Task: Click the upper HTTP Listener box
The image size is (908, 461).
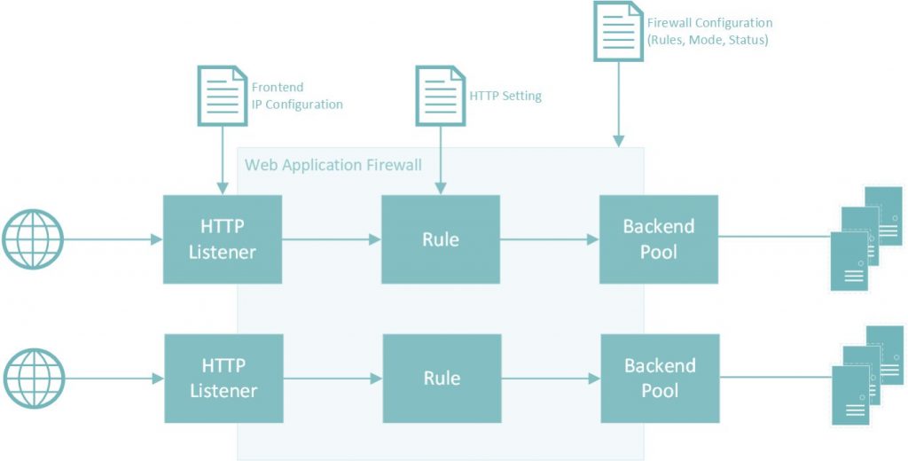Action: (x=223, y=239)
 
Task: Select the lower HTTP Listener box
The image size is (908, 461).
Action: (x=223, y=379)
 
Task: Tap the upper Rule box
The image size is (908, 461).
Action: (x=441, y=239)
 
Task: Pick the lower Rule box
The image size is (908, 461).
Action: (x=441, y=379)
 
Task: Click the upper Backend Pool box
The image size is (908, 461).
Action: (x=659, y=239)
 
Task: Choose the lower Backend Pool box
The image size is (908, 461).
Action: (x=659, y=379)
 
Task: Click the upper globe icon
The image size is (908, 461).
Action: (x=33, y=239)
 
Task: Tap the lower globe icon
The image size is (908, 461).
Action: (x=33, y=379)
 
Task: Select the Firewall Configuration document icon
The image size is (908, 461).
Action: (x=617, y=31)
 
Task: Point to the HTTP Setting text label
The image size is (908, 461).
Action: (x=505, y=96)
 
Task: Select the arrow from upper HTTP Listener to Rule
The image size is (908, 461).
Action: (x=331, y=239)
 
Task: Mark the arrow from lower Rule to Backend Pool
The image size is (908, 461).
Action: (x=550, y=379)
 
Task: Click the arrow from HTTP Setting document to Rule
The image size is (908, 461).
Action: (x=441, y=160)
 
